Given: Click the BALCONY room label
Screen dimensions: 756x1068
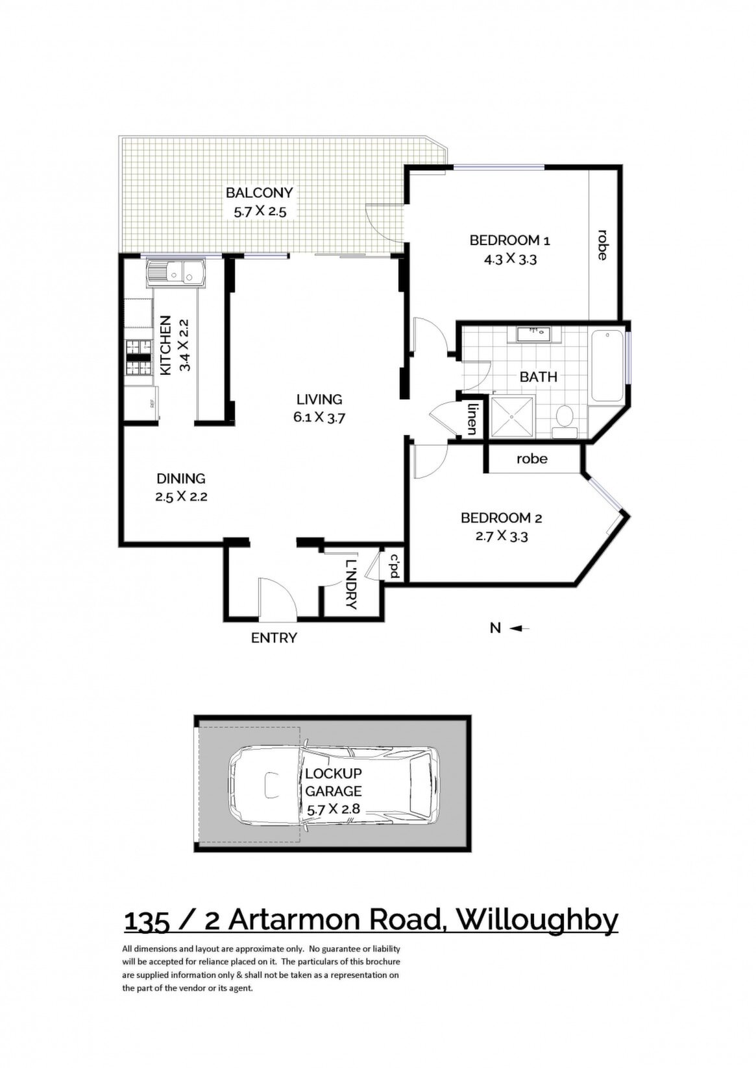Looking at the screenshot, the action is [x=259, y=193].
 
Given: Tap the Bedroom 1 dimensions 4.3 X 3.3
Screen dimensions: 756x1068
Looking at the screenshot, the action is [x=509, y=260].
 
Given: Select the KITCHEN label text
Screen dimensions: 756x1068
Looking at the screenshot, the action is [x=165, y=345].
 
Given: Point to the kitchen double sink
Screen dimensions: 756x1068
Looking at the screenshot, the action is [x=177, y=274].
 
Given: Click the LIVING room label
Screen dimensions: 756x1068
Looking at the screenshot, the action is [x=319, y=399].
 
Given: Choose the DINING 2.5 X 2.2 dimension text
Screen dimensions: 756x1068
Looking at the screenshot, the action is [x=181, y=497].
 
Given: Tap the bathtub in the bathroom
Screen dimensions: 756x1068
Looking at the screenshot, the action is [x=607, y=367].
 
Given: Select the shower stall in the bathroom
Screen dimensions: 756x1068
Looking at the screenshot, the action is [x=511, y=416].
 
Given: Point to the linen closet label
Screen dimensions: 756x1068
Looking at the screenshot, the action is [x=472, y=419].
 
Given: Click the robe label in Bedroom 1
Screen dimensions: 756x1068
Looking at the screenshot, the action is [x=602, y=244].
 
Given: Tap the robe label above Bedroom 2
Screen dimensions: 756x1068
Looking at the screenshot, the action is [x=531, y=459].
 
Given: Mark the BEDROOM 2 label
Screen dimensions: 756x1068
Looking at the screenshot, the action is [x=501, y=518].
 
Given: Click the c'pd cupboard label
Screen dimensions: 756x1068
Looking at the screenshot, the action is [x=395, y=566].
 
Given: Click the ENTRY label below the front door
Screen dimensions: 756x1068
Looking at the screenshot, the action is [x=274, y=638].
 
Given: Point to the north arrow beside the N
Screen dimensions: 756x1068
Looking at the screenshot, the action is [x=520, y=629].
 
